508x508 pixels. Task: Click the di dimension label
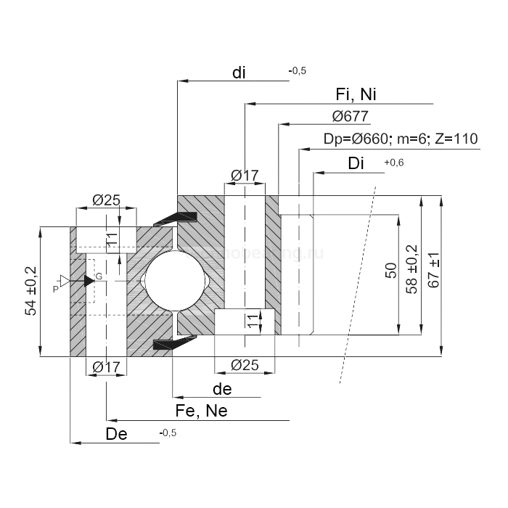pos(239,73)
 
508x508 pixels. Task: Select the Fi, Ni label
pos(356,95)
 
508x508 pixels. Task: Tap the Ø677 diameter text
pos(350,117)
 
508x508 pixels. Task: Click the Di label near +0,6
pos(356,163)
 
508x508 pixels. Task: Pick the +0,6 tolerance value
pos(393,163)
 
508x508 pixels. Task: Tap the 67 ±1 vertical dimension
pos(434,270)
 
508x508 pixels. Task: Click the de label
pos(222,389)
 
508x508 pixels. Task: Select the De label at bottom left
pos(116,434)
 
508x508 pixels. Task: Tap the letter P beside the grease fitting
pos(56,289)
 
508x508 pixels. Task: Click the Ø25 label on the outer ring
pos(107,200)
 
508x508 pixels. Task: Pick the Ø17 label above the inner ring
pos(245,176)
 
